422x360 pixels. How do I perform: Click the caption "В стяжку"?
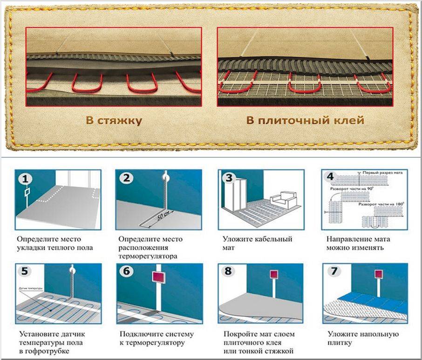tap(114, 121)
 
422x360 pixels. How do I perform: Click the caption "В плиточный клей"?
tap(305, 121)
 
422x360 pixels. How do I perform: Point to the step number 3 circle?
tap(229, 178)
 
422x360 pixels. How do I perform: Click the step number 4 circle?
tap(330, 177)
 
